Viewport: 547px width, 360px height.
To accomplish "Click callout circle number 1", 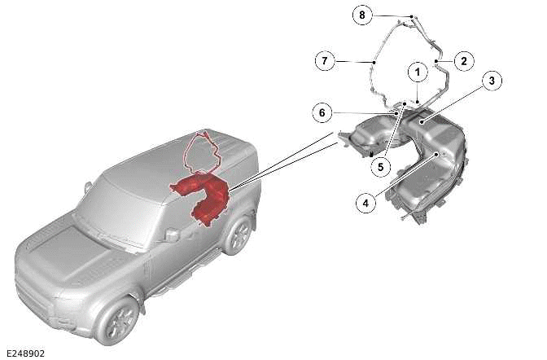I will click(417, 72).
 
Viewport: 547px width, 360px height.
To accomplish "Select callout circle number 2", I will click(463, 59).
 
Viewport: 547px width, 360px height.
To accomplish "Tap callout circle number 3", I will click(491, 80).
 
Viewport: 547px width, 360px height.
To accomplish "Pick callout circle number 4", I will click(366, 203).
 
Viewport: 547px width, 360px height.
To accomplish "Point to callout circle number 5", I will click(379, 166).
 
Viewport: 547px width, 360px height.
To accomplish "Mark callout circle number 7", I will click(324, 60).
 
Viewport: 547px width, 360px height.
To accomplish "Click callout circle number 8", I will click(363, 15).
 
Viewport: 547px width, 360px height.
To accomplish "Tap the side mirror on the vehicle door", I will click(171, 235).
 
